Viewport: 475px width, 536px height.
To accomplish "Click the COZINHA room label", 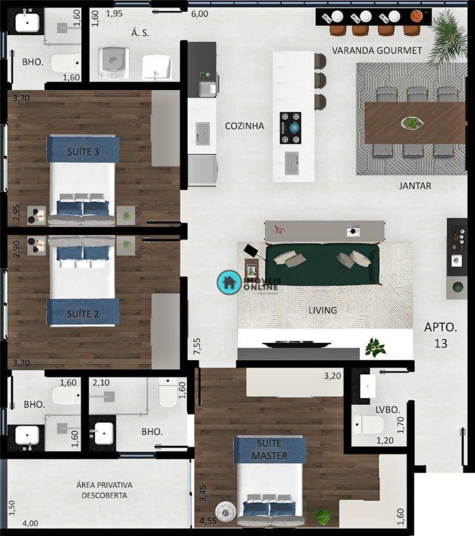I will [244, 126].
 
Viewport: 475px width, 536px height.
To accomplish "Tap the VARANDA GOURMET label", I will [377, 50].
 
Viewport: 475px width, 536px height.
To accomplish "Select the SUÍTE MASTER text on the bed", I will [270, 450].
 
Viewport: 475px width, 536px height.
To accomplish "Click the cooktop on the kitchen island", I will [290, 128].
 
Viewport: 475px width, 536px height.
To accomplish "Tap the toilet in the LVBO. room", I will [368, 425].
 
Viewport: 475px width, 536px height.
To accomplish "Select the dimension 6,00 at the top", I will [199, 14].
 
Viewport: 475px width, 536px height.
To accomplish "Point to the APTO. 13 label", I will [441, 335].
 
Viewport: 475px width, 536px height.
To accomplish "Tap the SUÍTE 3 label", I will [83, 152].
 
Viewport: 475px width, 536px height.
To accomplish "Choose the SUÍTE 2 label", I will [83, 314].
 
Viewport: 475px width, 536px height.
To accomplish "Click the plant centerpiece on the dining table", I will [411, 123].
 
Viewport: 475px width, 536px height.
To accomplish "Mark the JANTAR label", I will [415, 186].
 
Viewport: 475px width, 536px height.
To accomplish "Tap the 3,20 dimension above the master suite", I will [333, 376].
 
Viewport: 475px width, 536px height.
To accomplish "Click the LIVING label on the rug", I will [323, 310].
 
